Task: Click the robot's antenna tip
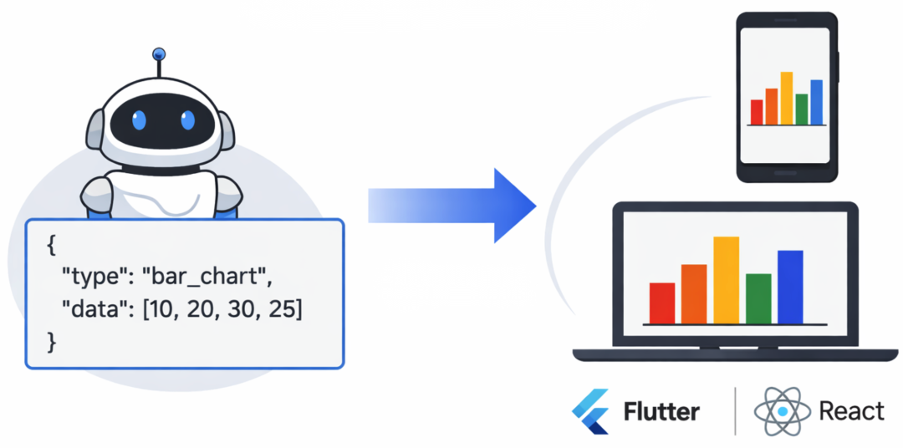[158, 55]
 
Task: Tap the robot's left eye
[139, 120]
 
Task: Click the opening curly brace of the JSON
[52, 246]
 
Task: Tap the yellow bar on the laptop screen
[726, 280]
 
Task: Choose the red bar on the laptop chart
[662, 303]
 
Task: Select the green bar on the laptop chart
[758, 298]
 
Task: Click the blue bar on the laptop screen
[790, 287]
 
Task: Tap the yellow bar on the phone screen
[787, 98]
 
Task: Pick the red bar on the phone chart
[757, 112]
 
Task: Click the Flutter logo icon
[591, 411]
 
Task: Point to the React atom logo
[782, 411]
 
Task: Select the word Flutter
[661, 411]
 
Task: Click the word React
[851, 411]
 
